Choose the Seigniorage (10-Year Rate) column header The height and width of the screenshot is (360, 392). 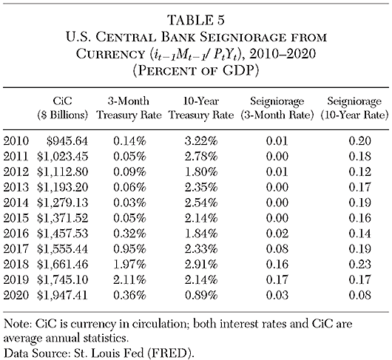tap(351, 111)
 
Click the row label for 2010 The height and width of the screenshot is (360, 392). tap(16, 137)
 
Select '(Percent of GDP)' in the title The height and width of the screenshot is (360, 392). tap(195, 69)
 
